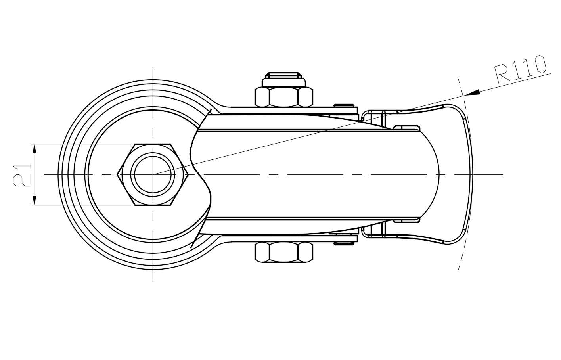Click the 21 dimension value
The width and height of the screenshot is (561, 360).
(22, 174)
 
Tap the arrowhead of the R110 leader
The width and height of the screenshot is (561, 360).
(473, 93)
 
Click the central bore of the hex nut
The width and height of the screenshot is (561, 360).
(153, 174)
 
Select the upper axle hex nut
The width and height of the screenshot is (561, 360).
(283, 97)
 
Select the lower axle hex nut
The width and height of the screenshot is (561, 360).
(283, 252)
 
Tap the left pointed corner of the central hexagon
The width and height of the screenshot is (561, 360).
(118, 174)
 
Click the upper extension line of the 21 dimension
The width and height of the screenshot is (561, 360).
(79, 144)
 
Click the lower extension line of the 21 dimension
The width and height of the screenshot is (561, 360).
(79, 205)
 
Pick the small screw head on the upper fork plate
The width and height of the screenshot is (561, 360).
(344, 105)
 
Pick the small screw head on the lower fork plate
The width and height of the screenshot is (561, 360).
(344, 243)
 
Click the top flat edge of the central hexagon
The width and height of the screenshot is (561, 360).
(153, 144)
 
